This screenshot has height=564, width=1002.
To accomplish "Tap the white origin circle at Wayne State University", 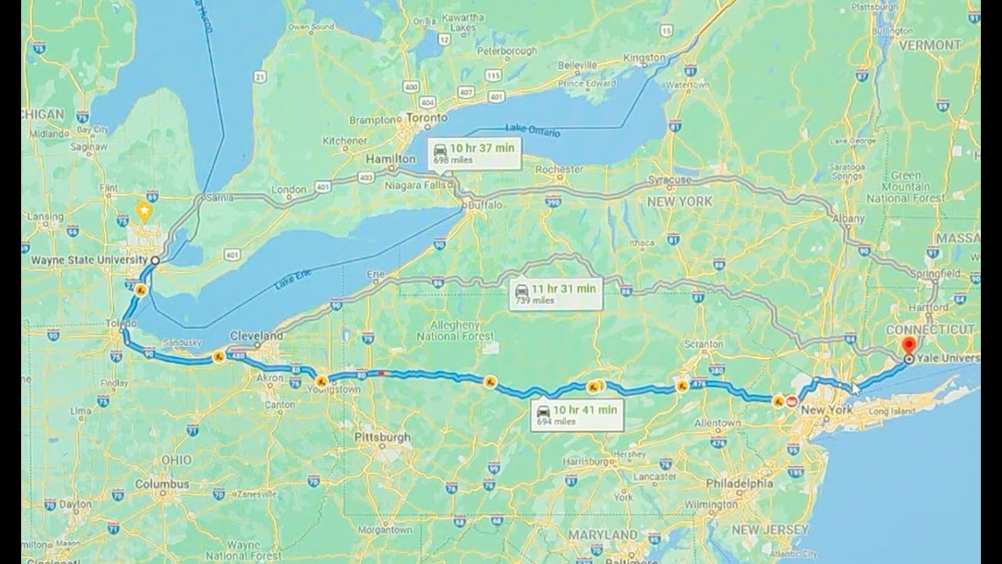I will click(x=155, y=260).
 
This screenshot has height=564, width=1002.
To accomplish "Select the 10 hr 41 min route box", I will click(x=576, y=414).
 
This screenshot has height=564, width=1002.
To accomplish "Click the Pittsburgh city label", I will click(x=382, y=436).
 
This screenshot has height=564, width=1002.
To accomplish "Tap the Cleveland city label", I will click(x=256, y=335).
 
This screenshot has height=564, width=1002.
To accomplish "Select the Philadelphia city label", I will click(x=740, y=483).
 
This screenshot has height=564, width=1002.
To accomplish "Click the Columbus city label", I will click(x=162, y=484).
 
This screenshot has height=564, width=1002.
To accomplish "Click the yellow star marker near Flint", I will click(x=144, y=210).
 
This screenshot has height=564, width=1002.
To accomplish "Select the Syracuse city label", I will click(x=670, y=179).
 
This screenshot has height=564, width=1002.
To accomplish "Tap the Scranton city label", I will click(x=702, y=344).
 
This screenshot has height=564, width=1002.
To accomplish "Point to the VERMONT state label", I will click(x=929, y=45).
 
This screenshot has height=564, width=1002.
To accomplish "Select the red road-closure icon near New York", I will click(x=791, y=403).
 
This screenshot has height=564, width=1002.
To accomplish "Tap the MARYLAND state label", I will click(x=604, y=534).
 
